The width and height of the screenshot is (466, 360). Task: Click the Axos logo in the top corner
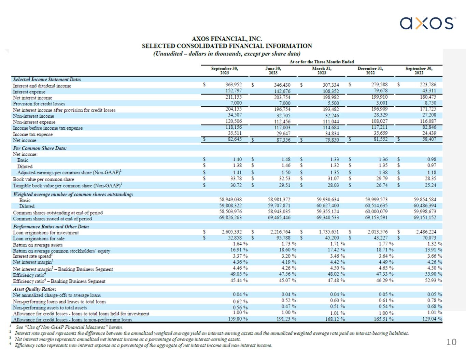[428, 23]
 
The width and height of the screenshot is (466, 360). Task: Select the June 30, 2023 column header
[273, 71]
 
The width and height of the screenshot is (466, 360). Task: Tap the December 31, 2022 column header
[370, 71]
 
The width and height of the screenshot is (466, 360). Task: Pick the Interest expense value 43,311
[429, 91]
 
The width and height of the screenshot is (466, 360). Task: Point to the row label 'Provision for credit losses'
[39, 104]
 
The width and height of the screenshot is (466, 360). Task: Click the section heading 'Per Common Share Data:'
[40, 148]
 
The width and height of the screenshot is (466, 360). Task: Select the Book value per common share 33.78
[236, 179]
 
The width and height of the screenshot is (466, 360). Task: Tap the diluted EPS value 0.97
[432, 165]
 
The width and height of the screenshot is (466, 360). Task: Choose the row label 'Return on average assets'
[38, 245]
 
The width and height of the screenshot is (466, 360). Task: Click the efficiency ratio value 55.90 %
[434, 274]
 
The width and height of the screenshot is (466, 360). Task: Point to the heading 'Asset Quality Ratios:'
[34, 289]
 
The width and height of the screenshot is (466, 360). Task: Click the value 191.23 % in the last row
[286, 319]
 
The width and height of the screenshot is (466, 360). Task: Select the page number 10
[451, 342]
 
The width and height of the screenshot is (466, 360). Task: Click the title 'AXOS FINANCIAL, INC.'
[227, 39]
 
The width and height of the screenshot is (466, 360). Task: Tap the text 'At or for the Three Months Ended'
[322, 62]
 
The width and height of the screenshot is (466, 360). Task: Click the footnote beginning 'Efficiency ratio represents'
[143, 345]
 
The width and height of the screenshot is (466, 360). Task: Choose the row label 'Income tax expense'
[33, 134]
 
